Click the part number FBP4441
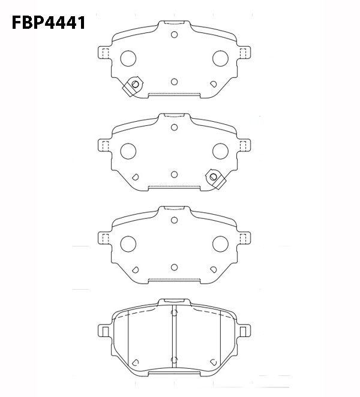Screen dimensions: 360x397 [49, 23]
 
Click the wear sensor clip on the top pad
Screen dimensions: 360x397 [133, 86]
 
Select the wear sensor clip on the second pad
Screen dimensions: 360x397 [215, 179]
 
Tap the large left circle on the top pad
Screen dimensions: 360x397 [128, 59]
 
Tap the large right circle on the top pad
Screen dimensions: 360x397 [220, 59]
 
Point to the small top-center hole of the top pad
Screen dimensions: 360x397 [174, 35]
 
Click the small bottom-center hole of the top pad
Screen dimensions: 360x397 [174, 82]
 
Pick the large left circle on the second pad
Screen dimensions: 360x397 [128, 151]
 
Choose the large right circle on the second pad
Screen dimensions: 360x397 [220, 151]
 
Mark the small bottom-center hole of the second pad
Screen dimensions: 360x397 [174, 175]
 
